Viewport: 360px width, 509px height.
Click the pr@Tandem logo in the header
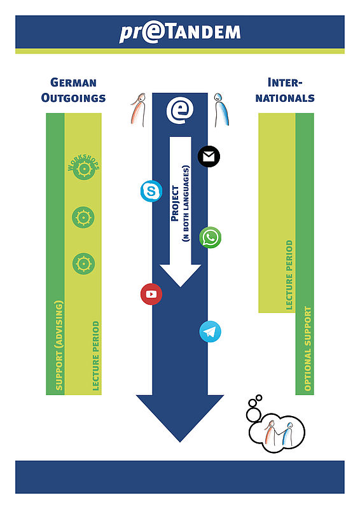180,33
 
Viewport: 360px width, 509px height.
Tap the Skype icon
151,191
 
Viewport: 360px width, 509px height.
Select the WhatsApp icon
211,237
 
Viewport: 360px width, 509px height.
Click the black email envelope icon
209,157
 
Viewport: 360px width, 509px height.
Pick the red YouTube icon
151,294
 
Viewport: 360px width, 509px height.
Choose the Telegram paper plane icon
210,331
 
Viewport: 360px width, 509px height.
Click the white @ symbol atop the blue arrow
180,110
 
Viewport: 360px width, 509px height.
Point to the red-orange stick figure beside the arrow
139,109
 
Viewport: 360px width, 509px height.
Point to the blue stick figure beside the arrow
221,109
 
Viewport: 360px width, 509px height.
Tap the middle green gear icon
83,217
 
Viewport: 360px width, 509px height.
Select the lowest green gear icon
83,263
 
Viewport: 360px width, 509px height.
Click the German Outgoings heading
73,90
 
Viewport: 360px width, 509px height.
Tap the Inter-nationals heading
285,90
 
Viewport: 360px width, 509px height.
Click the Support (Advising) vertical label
59,345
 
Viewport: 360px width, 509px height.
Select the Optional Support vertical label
307,349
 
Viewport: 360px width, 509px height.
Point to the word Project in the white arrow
175,204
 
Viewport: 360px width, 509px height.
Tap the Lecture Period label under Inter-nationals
289,275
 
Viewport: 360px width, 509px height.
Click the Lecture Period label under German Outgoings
96,356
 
